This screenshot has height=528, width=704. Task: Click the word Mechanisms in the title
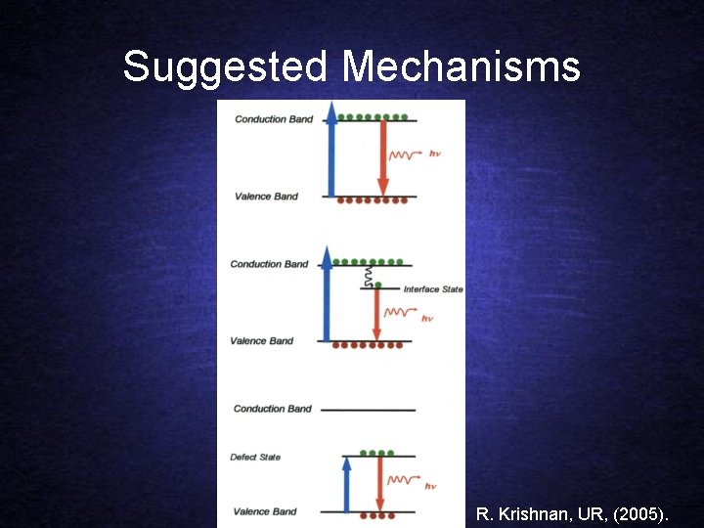(461, 67)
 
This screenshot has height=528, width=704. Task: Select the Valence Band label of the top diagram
(266, 197)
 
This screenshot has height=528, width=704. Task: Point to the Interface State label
(433, 289)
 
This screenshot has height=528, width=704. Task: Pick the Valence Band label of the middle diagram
(261, 341)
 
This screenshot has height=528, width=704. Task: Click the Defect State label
(255, 457)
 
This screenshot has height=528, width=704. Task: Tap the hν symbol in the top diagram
(434, 154)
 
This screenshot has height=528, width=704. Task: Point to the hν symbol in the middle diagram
(426, 318)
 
